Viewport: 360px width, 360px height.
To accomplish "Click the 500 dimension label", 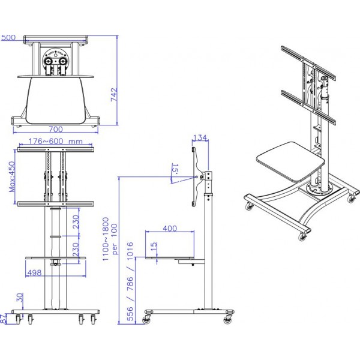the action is point(8,37).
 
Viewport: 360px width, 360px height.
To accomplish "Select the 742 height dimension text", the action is point(114,94).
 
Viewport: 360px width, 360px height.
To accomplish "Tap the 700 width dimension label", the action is point(56,129).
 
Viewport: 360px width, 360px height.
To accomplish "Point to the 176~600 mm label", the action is point(55,141).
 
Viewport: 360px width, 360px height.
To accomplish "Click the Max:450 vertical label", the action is point(12,177).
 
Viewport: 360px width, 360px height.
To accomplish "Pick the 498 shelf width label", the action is point(34,272).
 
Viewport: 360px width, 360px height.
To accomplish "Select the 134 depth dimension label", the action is point(200,137).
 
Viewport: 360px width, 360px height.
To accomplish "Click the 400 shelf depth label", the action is point(170,229).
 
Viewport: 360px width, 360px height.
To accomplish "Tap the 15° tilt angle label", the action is point(175,169).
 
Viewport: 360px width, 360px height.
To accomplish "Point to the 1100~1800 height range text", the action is point(106,239).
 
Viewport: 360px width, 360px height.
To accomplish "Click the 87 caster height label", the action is point(2,319).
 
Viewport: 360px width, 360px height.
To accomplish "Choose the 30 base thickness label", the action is point(20,298).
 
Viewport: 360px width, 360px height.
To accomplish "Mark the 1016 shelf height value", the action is point(130,251).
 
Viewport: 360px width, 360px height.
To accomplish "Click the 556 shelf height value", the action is point(130,314).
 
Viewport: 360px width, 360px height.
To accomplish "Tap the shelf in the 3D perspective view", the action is point(290,161).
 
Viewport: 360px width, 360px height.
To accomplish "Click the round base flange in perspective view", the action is point(319,189).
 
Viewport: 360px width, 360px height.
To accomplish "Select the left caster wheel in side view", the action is point(146,320).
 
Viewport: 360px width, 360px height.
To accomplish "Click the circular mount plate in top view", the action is point(56,59).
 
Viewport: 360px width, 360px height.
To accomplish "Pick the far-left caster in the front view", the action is point(18,319).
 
